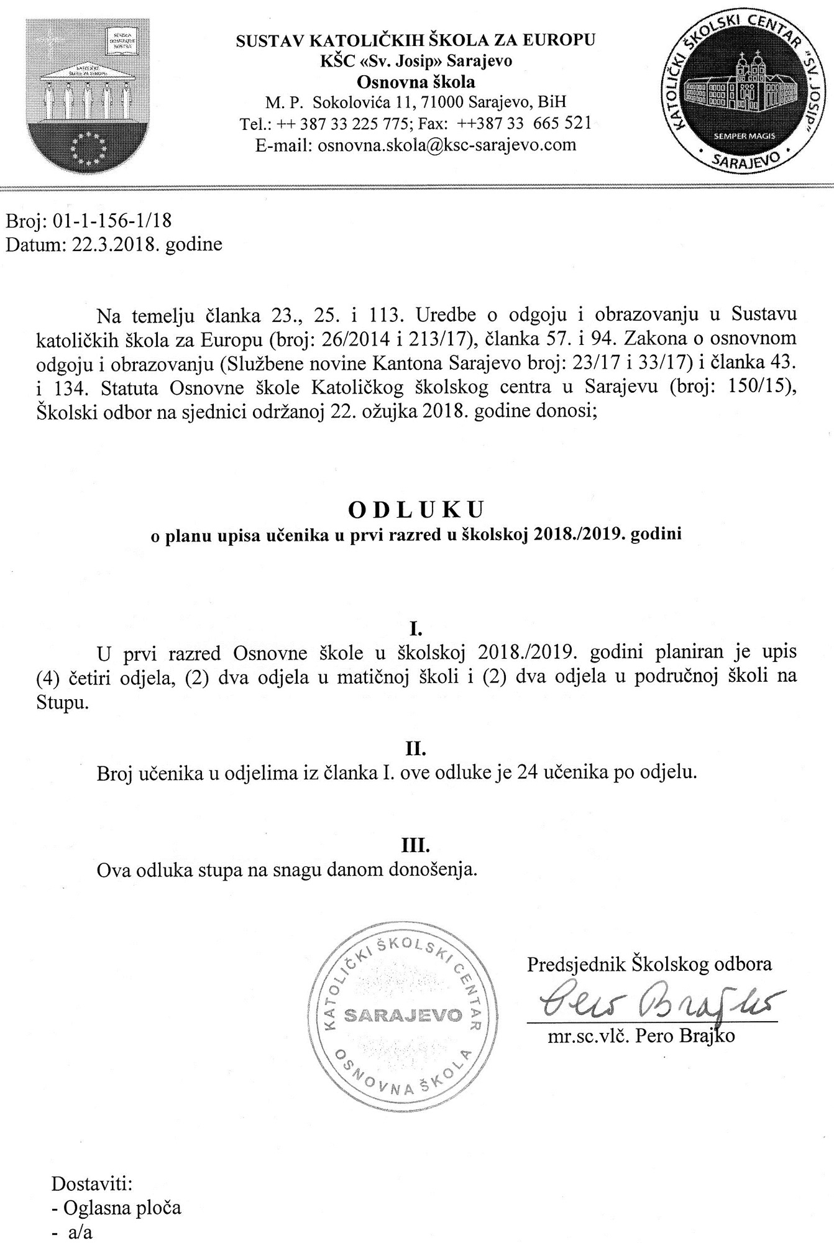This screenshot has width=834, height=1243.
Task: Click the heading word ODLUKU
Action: (x=416, y=510)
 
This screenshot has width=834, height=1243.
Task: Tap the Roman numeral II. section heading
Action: (x=415, y=750)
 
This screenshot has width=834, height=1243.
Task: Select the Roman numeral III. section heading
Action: (x=415, y=845)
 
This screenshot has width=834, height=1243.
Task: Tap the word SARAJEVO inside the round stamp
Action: (x=403, y=1014)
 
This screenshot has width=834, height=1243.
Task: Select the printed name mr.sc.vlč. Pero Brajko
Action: (x=641, y=1036)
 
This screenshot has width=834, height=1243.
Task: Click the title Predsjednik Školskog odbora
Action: (x=649, y=964)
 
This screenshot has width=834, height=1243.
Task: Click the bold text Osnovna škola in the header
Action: (x=416, y=81)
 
